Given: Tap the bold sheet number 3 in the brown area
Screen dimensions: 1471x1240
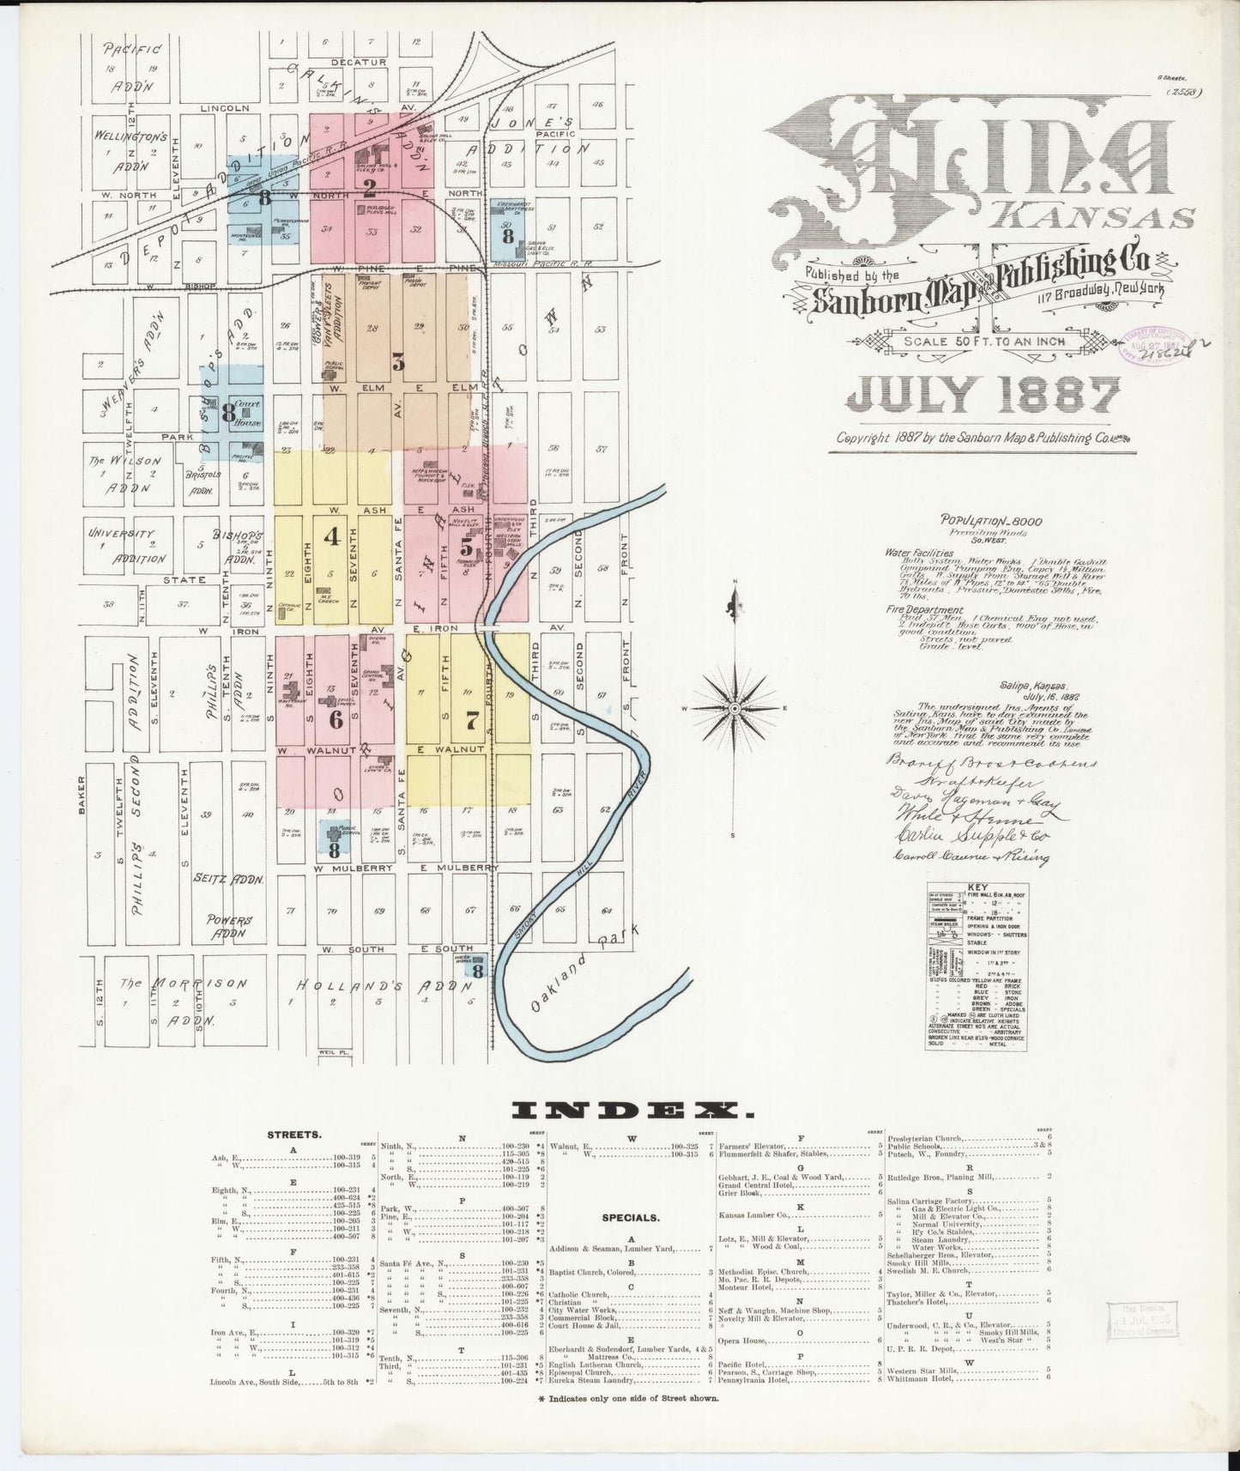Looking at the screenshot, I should tap(398, 361).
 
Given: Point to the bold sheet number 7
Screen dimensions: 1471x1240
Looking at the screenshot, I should tap(471, 720).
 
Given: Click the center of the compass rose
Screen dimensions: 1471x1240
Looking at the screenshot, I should tap(735, 707).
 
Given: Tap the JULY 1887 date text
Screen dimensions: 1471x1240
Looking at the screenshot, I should tap(983, 396).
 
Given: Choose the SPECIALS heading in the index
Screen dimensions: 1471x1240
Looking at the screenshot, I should tap(632, 1216).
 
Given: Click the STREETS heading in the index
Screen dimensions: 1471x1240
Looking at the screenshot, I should tap(294, 1134).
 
